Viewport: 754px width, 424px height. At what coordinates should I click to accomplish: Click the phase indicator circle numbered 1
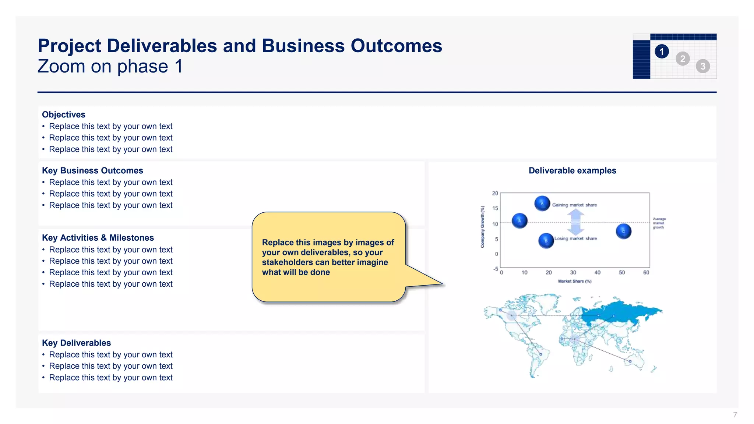pyautogui.click(x=662, y=52)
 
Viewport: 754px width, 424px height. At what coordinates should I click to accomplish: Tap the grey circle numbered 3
pyautogui.click(x=702, y=66)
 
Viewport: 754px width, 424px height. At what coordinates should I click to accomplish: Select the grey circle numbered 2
pyautogui.click(x=683, y=59)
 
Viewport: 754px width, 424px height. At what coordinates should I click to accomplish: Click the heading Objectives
pyautogui.click(x=64, y=114)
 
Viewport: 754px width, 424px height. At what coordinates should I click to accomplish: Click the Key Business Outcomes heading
pyautogui.click(x=92, y=170)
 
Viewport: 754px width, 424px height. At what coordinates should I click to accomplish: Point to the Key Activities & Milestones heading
pyautogui.click(x=98, y=238)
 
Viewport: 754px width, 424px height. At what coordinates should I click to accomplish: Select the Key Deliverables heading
pyautogui.click(x=76, y=343)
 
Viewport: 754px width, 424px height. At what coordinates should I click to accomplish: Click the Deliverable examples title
pyautogui.click(x=572, y=170)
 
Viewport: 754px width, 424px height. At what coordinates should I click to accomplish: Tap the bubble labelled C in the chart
pyautogui.click(x=623, y=231)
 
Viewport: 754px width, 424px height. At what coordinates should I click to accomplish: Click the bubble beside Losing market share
pyautogui.click(x=546, y=241)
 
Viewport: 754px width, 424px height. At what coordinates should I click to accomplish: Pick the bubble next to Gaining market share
pyautogui.click(x=542, y=203)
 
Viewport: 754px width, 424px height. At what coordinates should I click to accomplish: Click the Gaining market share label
pyautogui.click(x=574, y=205)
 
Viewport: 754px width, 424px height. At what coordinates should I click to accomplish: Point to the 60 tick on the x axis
pyautogui.click(x=646, y=272)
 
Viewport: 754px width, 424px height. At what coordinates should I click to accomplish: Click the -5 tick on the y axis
pyautogui.click(x=496, y=269)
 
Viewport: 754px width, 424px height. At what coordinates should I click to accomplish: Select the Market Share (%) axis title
pyautogui.click(x=574, y=281)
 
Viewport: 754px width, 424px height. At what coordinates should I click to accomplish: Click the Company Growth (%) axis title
pyautogui.click(x=482, y=227)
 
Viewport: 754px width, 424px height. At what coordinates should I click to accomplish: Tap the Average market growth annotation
pyautogui.click(x=659, y=223)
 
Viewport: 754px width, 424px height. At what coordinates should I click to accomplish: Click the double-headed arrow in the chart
pyautogui.click(x=575, y=222)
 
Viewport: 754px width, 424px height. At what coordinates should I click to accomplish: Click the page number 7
pyautogui.click(x=735, y=415)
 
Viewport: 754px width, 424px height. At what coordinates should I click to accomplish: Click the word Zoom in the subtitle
pyautogui.click(x=61, y=67)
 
